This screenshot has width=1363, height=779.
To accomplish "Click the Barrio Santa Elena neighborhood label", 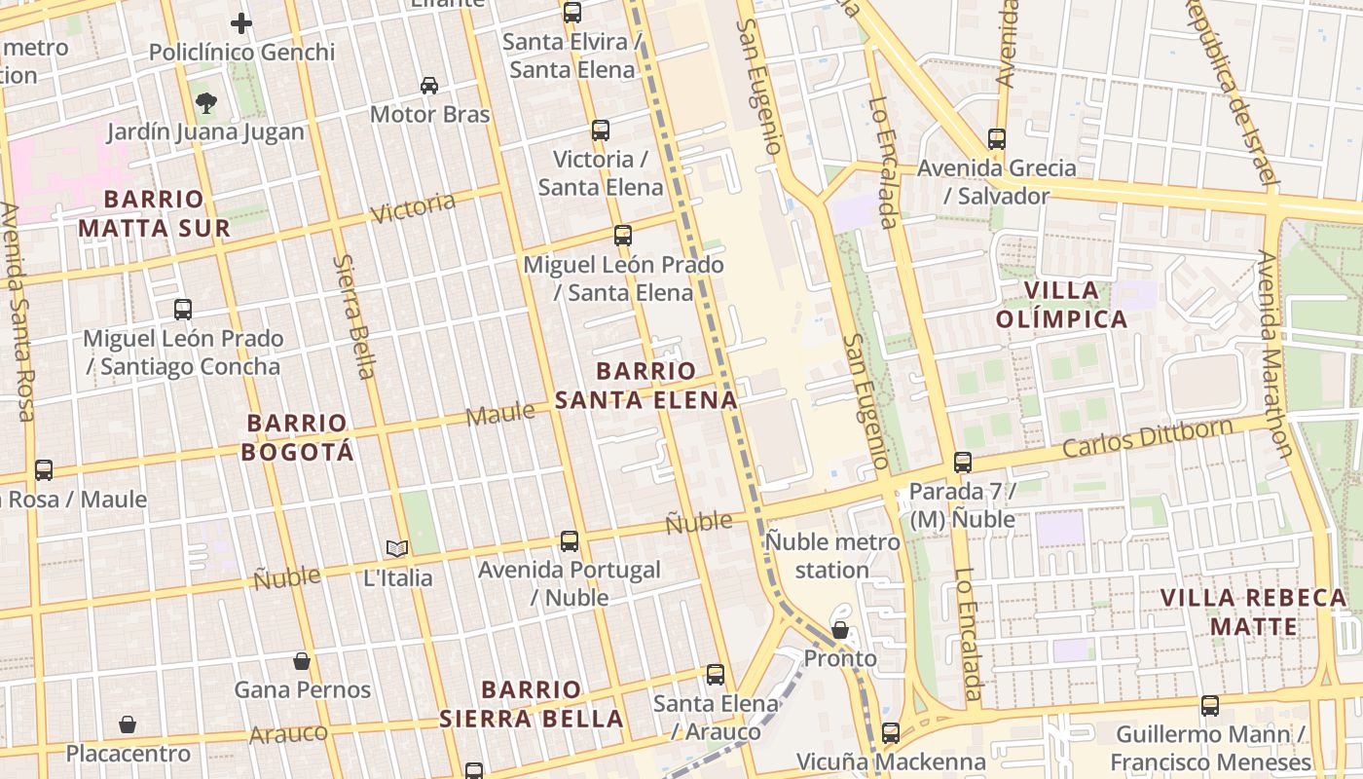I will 646,386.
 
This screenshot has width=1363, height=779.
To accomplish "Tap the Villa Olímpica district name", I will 1061,305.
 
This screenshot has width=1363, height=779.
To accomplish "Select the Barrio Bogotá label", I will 297,437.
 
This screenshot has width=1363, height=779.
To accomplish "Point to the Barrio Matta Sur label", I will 154,214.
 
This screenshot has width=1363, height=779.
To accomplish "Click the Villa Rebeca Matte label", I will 1254,612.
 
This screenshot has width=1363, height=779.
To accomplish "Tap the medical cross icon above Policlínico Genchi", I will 241,23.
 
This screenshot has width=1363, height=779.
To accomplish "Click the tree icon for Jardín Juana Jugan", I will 205,102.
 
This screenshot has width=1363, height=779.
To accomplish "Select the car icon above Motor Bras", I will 429,86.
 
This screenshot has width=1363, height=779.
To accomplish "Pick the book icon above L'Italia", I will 397,548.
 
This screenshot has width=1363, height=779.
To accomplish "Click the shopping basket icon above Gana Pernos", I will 302,661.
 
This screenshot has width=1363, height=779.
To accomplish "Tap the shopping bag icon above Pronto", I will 839,630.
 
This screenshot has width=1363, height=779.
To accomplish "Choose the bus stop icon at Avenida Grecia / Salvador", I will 996,139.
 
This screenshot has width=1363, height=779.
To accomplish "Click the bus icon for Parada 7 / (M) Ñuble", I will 962,463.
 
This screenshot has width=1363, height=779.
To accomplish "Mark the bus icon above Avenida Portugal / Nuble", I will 570,541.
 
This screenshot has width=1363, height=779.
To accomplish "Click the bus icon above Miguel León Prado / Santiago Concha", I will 182,310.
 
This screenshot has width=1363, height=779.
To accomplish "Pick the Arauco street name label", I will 288,733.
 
